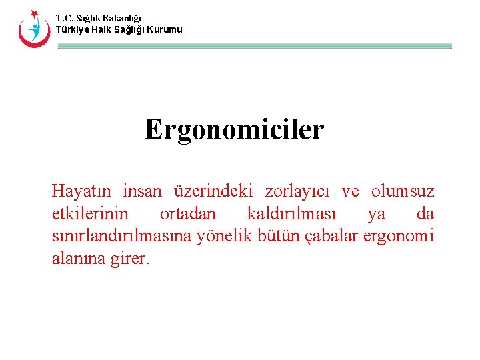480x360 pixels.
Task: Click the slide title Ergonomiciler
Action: (234, 129)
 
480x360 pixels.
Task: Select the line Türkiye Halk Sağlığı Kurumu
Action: (119, 30)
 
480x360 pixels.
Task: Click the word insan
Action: (143, 192)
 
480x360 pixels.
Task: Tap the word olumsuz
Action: (403, 192)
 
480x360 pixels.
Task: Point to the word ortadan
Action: (188, 214)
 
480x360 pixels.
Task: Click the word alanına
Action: (77, 259)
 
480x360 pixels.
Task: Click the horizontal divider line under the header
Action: (255, 47)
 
